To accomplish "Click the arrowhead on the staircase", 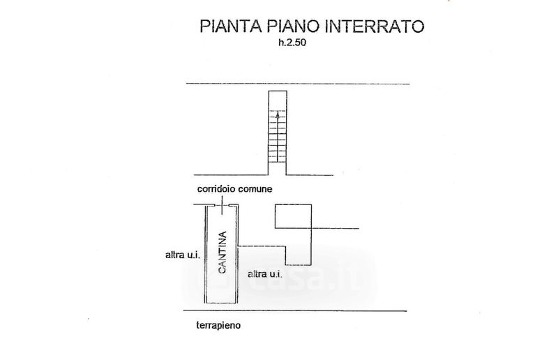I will (278, 115).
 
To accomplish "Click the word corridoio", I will (214, 189).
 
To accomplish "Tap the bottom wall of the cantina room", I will (222, 305).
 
